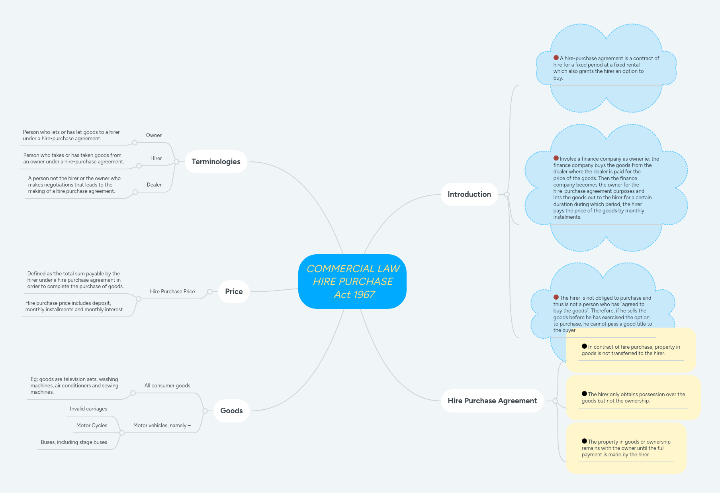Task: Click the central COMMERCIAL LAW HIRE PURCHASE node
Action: [x=352, y=281]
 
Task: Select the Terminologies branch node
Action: [x=216, y=162]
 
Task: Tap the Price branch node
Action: [x=234, y=292]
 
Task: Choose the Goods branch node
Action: [x=231, y=411]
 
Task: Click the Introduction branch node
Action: [x=469, y=194]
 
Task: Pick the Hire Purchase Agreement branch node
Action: [x=492, y=401]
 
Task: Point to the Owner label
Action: [x=154, y=136]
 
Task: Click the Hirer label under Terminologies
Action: [x=156, y=159]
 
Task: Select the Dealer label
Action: [x=154, y=185]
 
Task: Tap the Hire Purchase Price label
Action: [x=172, y=292]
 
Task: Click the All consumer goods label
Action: [x=167, y=386]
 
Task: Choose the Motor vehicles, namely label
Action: [x=162, y=426]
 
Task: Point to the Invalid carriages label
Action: [x=88, y=409]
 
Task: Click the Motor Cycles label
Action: [x=92, y=426]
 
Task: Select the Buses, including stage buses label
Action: [x=74, y=442]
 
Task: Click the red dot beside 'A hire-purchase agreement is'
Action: [x=556, y=58]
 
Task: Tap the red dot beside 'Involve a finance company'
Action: [x=556, y=158]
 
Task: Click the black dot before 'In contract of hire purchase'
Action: [x=584, y=346]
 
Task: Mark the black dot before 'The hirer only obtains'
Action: [x=584, y=394]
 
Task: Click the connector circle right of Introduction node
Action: [x=507, y=194]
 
